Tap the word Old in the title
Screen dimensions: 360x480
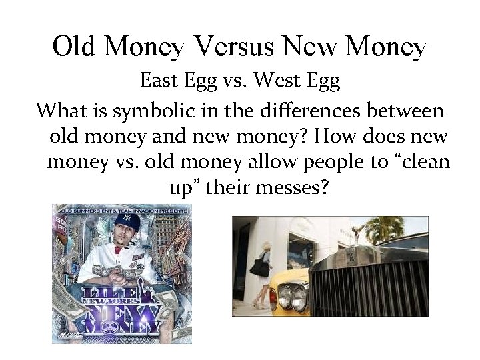click(x=75, y=47)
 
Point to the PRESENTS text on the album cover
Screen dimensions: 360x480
click(x=170, y=211)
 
